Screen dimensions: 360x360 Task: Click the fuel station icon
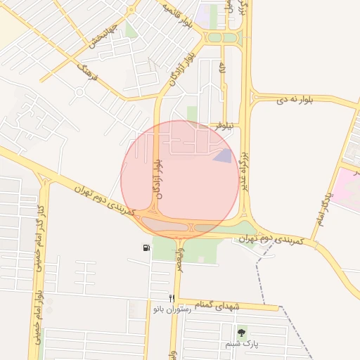click(146, 247)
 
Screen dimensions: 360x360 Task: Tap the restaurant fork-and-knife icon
click(171, 299)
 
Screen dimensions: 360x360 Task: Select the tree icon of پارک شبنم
click(242, 333)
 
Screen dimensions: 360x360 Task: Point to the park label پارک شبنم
click(242, 345)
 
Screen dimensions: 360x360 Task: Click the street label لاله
click(222, 71)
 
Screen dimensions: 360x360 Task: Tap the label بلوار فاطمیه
click(177, 18)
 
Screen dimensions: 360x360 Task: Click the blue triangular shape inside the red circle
click(222, 156)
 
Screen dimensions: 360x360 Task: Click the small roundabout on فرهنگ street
click(79, 89)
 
